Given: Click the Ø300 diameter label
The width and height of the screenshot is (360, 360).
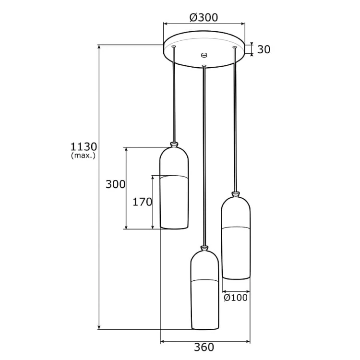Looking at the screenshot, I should (x=204, y=18).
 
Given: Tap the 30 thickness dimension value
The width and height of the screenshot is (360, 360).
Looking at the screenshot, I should (x=264, y=49).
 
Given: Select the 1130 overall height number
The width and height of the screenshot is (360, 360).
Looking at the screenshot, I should (x=84, y=146).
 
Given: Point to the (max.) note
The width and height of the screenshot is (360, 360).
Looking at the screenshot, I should (x=84, y=156).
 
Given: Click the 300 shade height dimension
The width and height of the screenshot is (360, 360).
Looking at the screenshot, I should (x=116, y=184).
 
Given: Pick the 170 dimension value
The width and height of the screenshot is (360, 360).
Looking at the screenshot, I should (x=142, y=202).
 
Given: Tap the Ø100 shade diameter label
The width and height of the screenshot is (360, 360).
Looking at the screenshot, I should (x=236, y=298).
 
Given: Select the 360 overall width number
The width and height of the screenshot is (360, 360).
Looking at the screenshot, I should (x=204, y=347).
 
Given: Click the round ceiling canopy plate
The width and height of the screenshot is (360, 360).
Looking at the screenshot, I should (x=204, y=50).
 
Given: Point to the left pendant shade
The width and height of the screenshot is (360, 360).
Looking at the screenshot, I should (x=174, y=190).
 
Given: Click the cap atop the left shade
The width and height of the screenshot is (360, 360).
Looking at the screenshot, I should (x=174, y=144).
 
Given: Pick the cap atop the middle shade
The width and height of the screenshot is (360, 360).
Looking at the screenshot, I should (x=205, y=248).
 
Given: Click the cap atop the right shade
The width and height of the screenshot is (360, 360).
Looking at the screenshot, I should (x=235, y=194).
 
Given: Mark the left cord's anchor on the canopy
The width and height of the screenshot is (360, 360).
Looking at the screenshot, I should (x=173, y=47).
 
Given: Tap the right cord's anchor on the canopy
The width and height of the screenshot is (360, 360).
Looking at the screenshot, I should (x=234, y=48).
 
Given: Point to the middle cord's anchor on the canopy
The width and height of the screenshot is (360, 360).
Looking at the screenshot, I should (x=204, y=66).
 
